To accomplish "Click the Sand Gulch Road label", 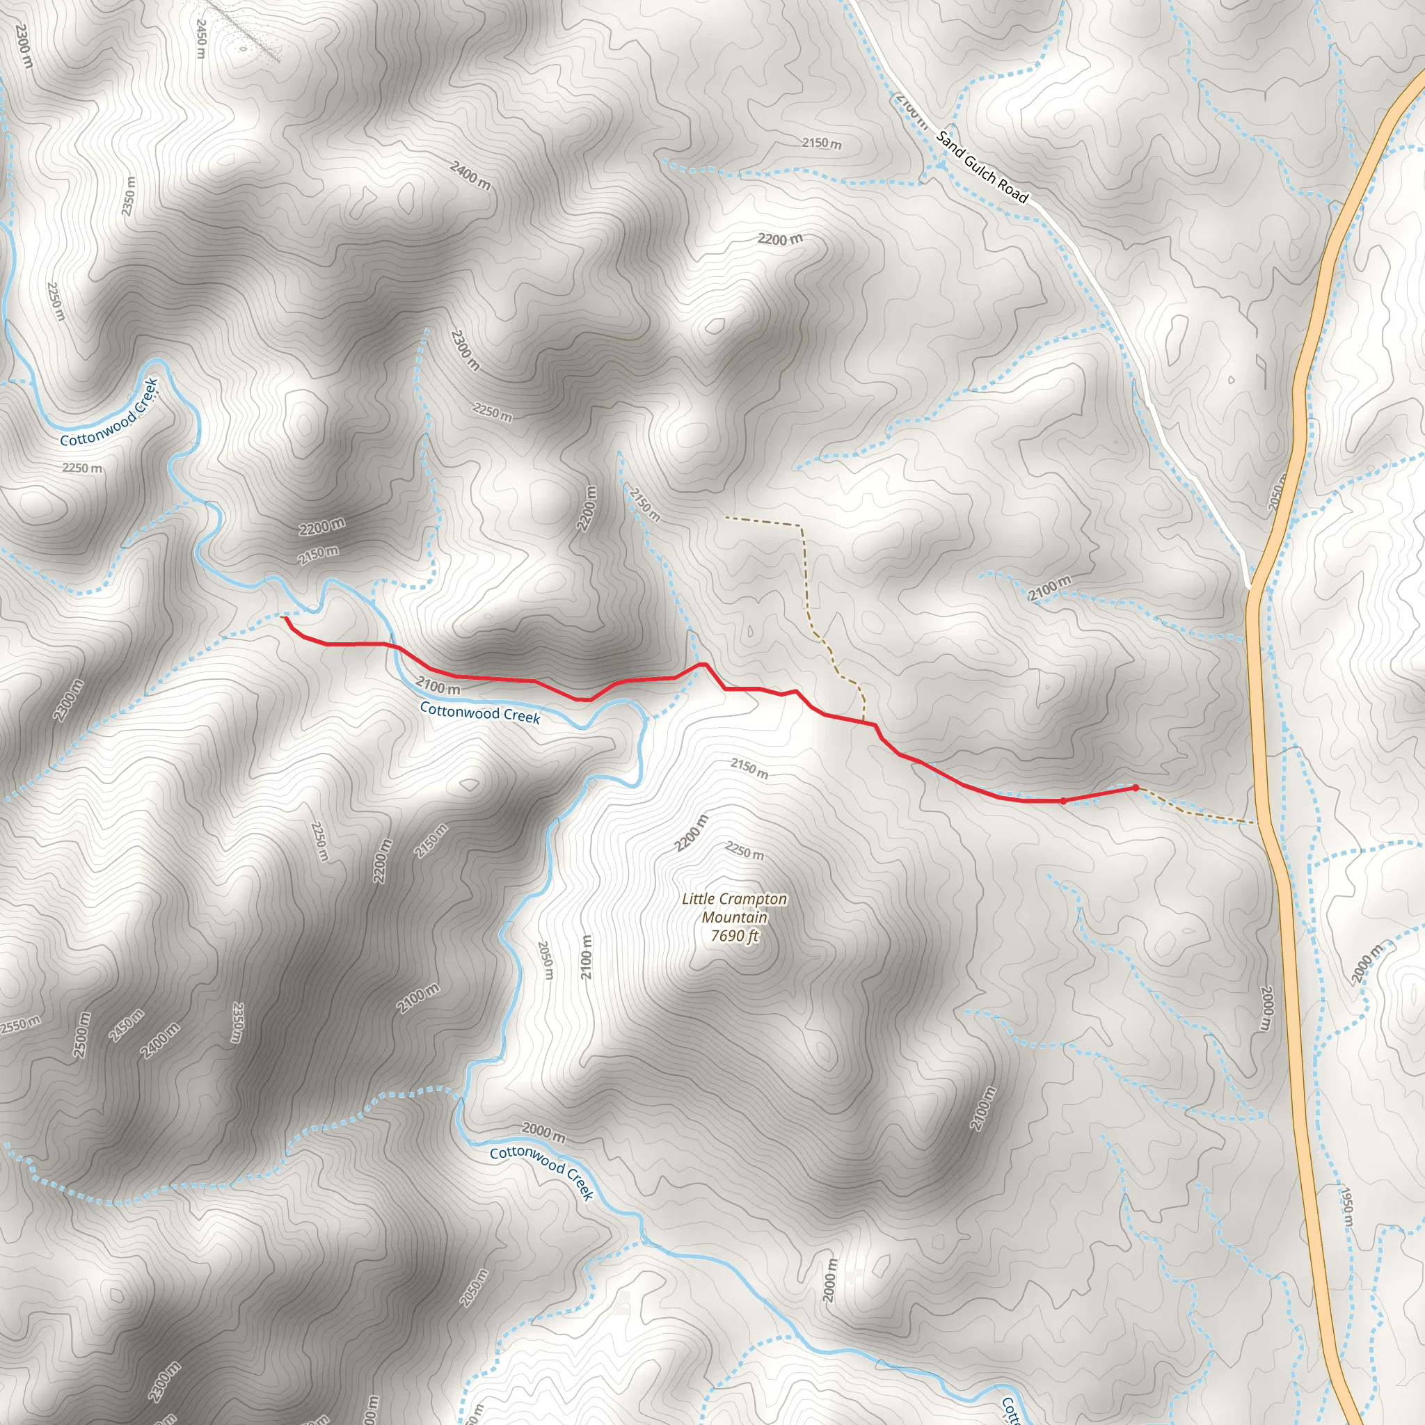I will (982, 167).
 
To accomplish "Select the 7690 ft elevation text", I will (734, 937).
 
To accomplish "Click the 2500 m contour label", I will (83, 1034).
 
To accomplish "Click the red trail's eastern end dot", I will (1135, 788).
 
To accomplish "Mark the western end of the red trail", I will (285, 619).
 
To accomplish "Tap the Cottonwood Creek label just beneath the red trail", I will (479, 713).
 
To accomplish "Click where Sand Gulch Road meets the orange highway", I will (1250, 587).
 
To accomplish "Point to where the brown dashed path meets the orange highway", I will (1256, 822).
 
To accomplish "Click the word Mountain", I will (734, 918).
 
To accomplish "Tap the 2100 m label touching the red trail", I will (438, 687).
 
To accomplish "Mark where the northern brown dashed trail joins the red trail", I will (863, 721).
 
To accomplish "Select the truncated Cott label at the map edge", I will (1009, 1410).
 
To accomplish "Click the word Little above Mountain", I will (697, 899).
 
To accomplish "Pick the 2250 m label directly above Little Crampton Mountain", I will (745, 851).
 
